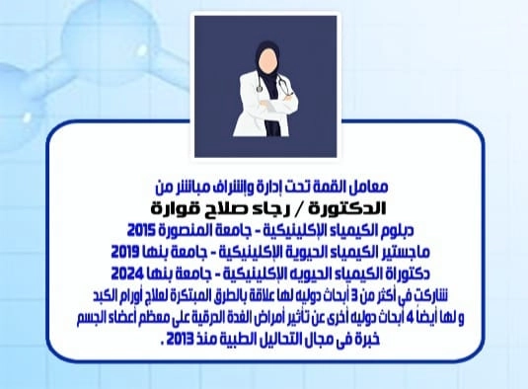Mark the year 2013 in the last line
(177, 338)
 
